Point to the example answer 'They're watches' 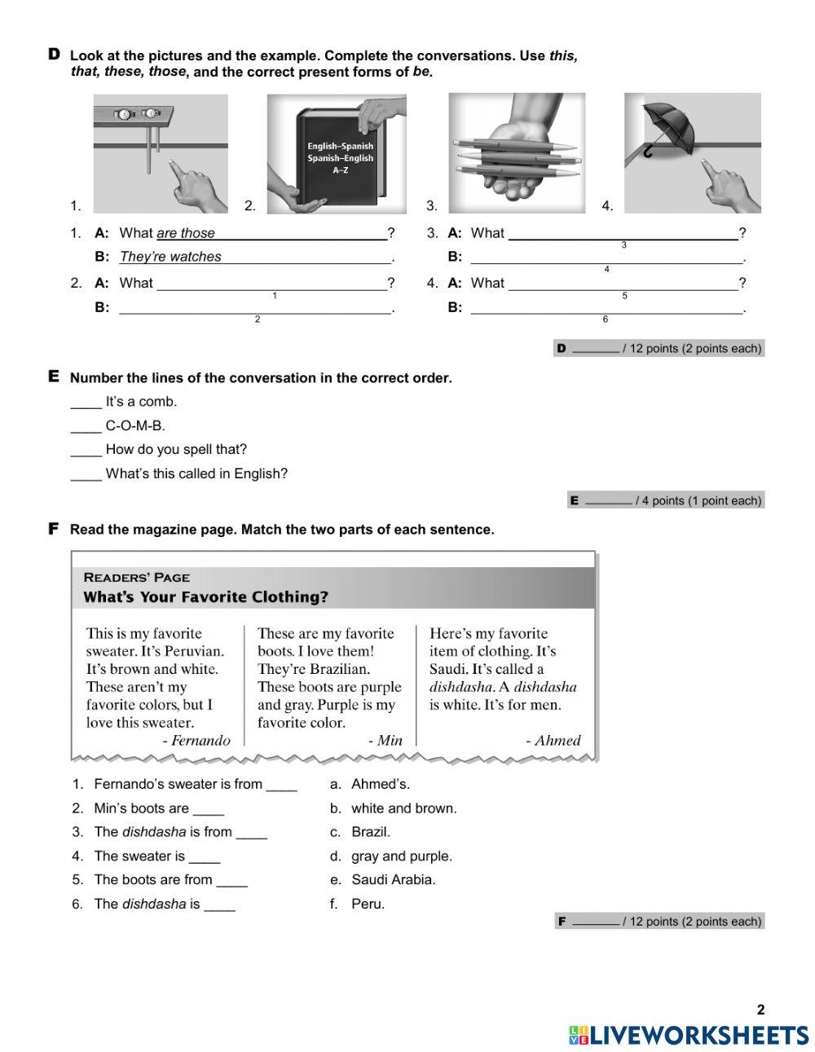170,257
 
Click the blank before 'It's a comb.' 86,403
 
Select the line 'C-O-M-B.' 134,425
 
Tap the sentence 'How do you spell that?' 175,449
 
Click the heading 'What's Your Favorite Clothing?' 206,597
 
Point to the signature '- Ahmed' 553,740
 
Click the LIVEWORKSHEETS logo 689,1034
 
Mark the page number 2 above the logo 760,1010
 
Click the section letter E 54,376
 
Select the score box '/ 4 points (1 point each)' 666,500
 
